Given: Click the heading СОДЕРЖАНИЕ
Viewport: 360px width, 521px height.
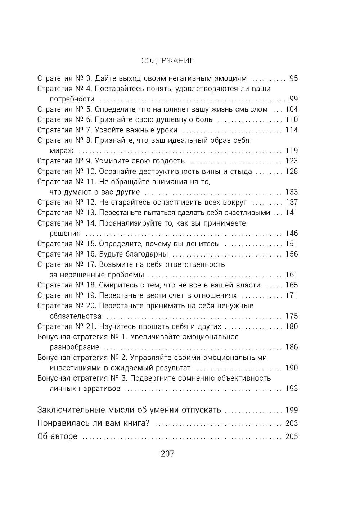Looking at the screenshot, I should (x=167, y=60).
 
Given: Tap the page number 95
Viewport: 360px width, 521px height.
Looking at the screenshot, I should (x=293, y=78).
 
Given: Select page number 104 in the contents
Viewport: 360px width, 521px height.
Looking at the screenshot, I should (x=291, y=109).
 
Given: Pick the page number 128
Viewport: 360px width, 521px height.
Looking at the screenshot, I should (x=291, y=171).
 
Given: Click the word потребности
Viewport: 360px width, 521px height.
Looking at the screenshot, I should (x=72, y=99).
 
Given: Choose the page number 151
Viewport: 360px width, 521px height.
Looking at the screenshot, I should (x=291, y=244).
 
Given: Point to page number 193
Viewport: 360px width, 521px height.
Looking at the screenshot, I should (x=291, y=389).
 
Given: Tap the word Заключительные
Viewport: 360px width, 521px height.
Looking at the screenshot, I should (x=71, y=410).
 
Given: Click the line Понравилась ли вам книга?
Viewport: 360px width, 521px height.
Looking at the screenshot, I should (x=94, y=423).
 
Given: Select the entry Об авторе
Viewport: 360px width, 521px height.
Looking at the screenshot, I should (x=57, y=436).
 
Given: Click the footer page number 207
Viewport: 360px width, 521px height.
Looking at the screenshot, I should (x=167, y=454).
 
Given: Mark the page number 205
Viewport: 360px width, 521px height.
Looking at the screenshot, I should (x=291, y=436).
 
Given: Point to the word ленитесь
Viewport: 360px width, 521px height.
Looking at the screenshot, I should (x=201, y=244).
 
